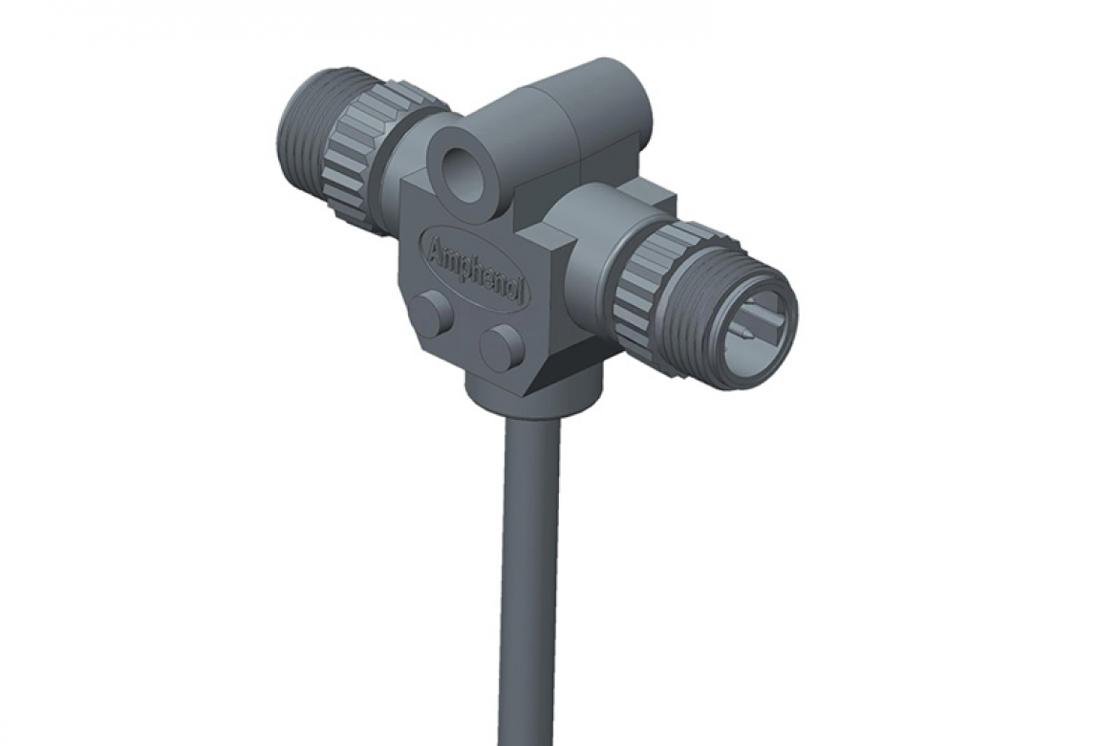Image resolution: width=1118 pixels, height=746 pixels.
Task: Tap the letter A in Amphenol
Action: (x=435, y=247)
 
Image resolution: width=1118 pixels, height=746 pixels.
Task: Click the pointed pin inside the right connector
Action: (x=742, y=336)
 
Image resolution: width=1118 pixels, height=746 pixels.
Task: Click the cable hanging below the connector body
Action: (x=527, y=574)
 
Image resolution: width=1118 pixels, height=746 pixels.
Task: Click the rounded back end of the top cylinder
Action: (x=635, y=96)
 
